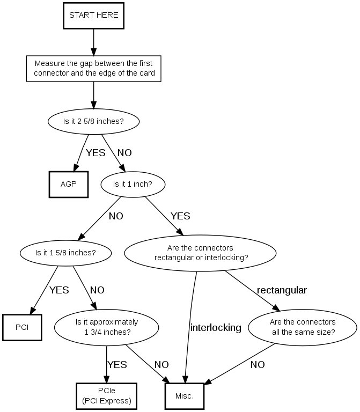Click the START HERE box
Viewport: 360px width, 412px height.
[x=94, y=16]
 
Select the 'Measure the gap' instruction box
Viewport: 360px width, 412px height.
[x=94, y=68]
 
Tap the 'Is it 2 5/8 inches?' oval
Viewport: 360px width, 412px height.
[x=94, y=121]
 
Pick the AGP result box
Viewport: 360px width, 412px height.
[x=69, y=184]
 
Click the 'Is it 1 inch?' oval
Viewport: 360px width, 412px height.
[x=133, y=184]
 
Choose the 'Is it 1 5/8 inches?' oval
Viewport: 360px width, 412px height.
[x=65, y=252]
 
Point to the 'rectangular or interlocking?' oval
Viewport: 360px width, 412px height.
[x=200, y=253]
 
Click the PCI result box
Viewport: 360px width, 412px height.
[x=22, y=327]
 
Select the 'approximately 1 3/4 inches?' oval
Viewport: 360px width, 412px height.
[x=107, y=327]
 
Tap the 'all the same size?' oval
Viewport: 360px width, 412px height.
[x=303, y=327]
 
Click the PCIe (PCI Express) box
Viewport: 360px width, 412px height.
[x=107, y=396]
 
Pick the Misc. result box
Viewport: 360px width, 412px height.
[x=185, y=396]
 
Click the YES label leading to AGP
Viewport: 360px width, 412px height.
[x=95, y=153]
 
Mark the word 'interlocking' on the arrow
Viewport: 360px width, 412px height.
[x=216, y=328]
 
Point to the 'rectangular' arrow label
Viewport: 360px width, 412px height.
[x=282, y=290]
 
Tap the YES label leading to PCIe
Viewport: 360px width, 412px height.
[x=117, y=365]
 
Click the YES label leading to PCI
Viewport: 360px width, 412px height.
[x=59, y=290]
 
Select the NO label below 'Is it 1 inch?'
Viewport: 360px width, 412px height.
[x=116, y=217]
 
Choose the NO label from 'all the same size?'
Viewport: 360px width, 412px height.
[x=258, y=365]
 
